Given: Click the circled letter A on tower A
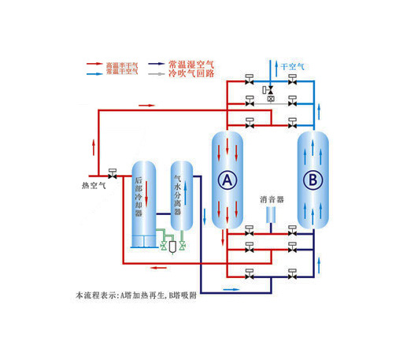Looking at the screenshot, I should (227, 180).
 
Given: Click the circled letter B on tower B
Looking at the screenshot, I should (312, 180).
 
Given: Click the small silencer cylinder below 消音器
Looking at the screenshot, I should (272, 214).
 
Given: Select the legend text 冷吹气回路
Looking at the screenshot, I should (191, 72).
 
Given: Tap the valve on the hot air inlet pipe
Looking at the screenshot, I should (112, 175).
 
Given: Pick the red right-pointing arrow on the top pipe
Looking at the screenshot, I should (147, 104).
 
